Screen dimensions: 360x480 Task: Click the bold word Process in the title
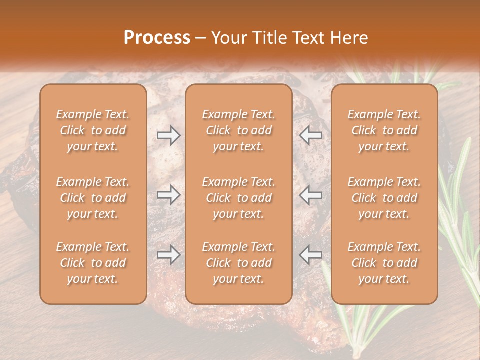[x=157, y=38]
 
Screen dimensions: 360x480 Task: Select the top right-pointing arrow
[x=168, y=135]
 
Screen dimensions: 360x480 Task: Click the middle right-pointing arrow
[x=168, y=195]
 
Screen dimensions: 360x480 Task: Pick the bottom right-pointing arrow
[x=168, y=255]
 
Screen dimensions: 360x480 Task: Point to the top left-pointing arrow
[x=311, y=135]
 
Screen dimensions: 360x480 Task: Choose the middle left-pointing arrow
[x=311, y=195]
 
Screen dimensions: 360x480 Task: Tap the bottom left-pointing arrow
[x=311, y=255]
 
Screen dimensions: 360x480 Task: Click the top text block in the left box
[x=93, y=130]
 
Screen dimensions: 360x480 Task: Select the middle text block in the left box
[x=93, y=198]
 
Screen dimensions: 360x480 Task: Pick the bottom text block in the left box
[x=93, y=263]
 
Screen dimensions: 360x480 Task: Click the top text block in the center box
[x=239, y=130]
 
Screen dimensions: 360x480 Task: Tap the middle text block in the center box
[x=239, y=198]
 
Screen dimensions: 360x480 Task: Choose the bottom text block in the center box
[x=239, y=263]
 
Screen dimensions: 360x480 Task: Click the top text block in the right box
[x=384, y=130]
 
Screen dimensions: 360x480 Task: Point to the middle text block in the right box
[x=384, y=198]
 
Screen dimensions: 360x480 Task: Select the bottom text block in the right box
[x=384, y=263]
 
